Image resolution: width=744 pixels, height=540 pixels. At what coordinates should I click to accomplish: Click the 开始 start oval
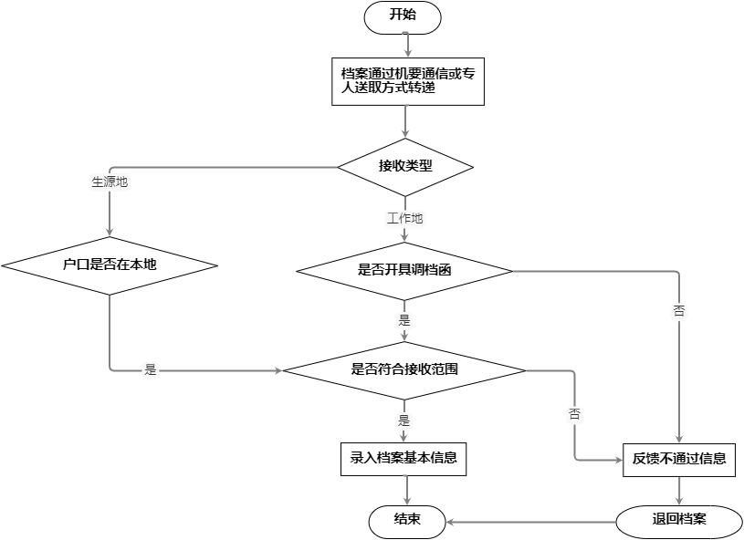(x=403, y=16)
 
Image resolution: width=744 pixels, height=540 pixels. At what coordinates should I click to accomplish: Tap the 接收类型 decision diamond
(x=405, y=167)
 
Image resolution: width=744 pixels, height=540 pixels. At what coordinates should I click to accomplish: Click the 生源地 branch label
(x=110, y=182)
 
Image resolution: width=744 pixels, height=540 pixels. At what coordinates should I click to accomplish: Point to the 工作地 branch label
(x=405, y=219)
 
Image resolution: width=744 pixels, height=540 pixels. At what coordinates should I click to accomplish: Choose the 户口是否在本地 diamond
(x=110, y=265)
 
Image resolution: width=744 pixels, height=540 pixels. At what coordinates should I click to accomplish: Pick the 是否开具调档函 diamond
(x=405, y=271)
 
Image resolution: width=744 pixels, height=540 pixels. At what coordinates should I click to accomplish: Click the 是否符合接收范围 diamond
(x=404, y=370)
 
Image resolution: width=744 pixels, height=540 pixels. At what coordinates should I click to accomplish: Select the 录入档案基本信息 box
(x=403, y=459)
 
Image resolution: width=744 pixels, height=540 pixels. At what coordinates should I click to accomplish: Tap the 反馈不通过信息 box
(x=679, y=459)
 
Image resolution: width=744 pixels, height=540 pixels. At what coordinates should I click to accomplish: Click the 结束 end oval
(x=406, y=521)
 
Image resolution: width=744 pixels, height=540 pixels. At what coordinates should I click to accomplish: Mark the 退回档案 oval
(x=679, y=521)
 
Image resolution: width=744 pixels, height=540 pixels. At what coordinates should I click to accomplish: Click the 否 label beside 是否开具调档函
(x=679, y=310)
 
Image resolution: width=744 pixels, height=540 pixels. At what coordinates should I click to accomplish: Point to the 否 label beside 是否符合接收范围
(x=575, y=413)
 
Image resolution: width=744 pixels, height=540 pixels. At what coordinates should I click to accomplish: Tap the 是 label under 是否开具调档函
(x=405, y=320)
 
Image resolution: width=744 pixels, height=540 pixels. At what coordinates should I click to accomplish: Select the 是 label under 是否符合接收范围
(x=405, y=421)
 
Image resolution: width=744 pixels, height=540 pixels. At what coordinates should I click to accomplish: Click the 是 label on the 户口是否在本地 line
(x=152, y=370)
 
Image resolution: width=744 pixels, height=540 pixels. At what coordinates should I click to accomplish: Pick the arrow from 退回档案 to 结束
(x=529, y=522)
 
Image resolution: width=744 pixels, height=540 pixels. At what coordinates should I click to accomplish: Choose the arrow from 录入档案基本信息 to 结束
(x=405, y=490)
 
